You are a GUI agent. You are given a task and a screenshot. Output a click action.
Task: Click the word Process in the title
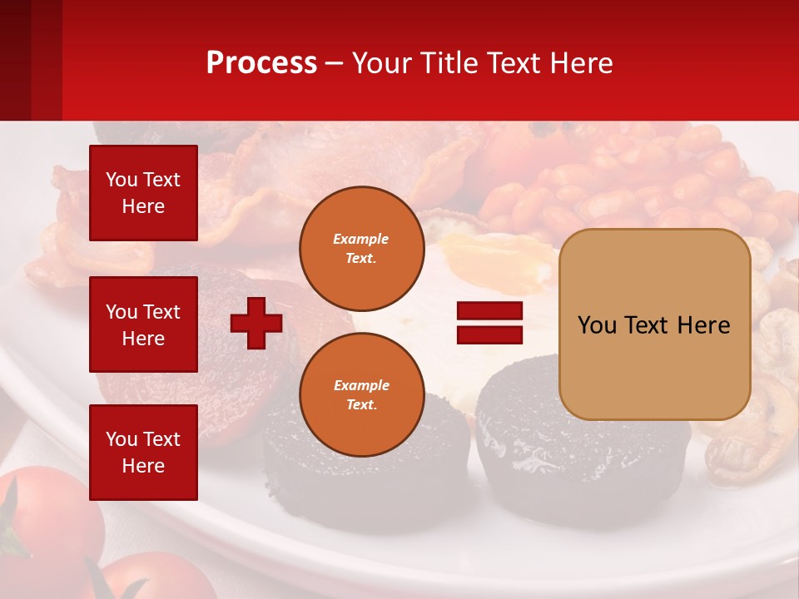[261, 63]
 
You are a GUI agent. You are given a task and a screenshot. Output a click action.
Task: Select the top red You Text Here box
[143, 193]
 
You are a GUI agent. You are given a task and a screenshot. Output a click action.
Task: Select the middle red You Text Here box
[143, 324]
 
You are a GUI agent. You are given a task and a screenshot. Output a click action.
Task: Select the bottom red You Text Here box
[143, 453]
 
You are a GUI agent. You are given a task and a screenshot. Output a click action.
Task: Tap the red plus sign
[256, 323]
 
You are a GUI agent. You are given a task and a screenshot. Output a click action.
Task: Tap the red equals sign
[489, 323]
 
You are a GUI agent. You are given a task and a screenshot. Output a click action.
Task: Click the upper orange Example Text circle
[361, 248]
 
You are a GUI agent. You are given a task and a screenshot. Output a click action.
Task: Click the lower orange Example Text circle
[361, 394]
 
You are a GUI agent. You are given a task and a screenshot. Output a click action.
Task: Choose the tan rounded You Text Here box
[654, 324]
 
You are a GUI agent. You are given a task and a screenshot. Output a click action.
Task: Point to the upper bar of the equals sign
[489, 311]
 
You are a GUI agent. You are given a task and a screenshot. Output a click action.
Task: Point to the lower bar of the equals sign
[489, 334]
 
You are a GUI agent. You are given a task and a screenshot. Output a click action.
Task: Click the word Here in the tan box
[703, 324]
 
